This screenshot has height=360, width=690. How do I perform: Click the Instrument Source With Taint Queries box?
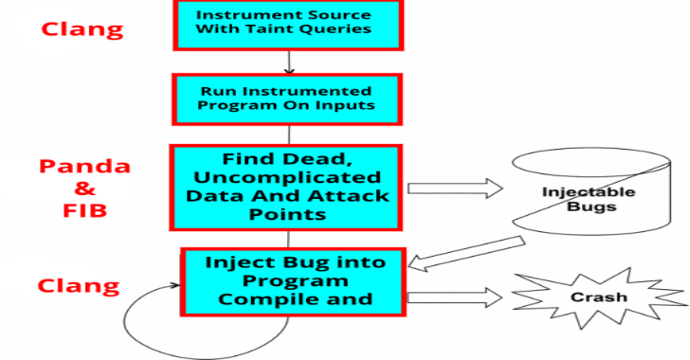[288, 25]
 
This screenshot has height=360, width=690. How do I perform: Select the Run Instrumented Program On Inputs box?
[287, 99]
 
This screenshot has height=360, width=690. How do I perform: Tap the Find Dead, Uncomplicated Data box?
[286, 188]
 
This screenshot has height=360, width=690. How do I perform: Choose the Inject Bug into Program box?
[293, 281]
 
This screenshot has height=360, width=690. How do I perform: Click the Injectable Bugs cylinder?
[591, 191]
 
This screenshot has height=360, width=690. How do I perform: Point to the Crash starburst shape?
[598, 297]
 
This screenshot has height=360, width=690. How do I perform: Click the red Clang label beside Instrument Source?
[82, 30]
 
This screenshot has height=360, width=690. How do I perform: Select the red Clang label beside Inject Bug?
[79, 286]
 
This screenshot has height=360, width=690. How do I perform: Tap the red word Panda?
[85, 167]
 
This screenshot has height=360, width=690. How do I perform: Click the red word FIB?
[85, 210]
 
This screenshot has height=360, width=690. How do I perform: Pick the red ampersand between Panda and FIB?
[85, 189]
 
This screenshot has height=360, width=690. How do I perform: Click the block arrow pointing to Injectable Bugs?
[455, 189]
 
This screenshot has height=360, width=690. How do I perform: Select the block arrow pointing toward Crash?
[455, 297]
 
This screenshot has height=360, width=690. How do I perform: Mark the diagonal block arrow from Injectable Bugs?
[466, 254]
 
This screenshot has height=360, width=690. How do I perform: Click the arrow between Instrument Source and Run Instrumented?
[289, 63]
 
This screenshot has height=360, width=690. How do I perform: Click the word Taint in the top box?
[263, 29]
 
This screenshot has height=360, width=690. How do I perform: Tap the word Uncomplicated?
[287, 177]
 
